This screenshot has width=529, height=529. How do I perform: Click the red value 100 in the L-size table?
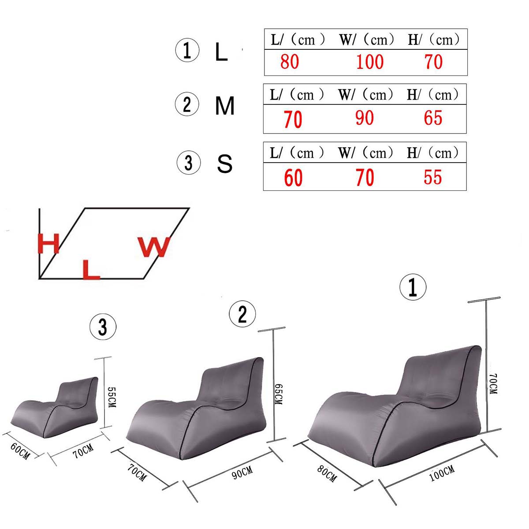[369, 62]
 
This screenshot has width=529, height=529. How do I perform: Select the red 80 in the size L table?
[290, 62]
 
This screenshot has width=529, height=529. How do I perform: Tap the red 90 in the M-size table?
[365, 118]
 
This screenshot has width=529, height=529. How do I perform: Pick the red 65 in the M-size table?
[433, 118]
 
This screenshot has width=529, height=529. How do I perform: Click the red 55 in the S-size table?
[432, 177]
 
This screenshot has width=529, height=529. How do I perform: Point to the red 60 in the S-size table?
[293, 178]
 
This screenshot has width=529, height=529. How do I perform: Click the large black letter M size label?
[225, 106]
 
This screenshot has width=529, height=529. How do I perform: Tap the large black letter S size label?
[225, 164]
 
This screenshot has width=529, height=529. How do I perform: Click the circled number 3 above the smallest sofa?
[103, 327]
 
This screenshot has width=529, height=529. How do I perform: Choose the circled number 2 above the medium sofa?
[242, 314]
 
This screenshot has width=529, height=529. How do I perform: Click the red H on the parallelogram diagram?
[48, 244]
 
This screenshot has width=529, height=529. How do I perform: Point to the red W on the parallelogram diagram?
[154, 247]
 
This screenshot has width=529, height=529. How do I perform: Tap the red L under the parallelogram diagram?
[91, 269]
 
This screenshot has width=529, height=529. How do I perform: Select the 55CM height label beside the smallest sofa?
[111, 397]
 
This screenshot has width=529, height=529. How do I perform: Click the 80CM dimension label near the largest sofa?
[327, 473]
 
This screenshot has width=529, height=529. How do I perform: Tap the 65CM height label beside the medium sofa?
[279, 394]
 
